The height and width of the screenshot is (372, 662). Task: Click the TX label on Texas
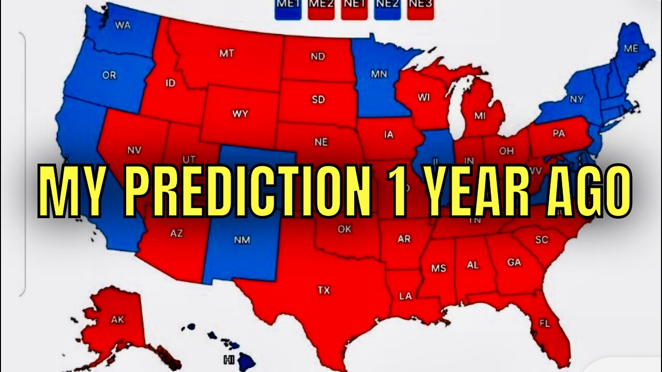tap(324, 290)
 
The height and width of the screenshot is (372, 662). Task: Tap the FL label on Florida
tap(545, 324)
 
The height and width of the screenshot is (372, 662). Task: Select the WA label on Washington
tap(122, 25)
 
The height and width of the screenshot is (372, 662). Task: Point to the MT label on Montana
tap(227, 53)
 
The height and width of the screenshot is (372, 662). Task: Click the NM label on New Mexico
tap(242, 239)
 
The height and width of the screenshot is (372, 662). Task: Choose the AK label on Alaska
tap(118, 320)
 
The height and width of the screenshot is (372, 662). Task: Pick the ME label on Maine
tap(631, 49)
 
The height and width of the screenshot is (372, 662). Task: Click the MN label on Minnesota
tap(379, 74)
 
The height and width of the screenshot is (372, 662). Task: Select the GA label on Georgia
tap(514, 262)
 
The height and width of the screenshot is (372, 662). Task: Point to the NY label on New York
tap(577, 99)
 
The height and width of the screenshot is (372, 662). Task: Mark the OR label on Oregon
tap(109, 75)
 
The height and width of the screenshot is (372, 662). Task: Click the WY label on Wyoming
tap(240, 114)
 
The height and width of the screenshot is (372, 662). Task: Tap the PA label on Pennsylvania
tap(559, 134)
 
